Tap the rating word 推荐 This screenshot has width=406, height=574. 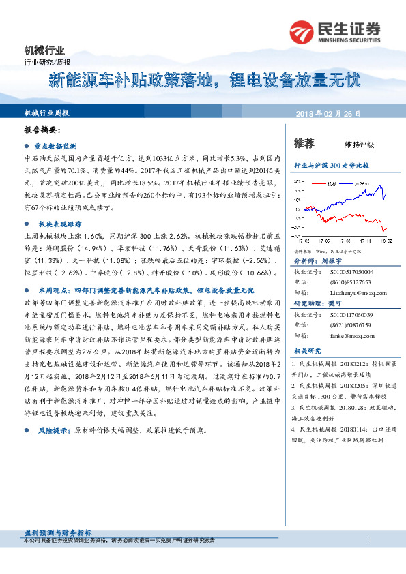pyautogui.click(x=304, y=143)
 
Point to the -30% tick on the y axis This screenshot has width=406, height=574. pyautogui.click(x=297, y=237)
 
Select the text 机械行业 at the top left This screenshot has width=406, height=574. pyautogui.click(x=44, y=50)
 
